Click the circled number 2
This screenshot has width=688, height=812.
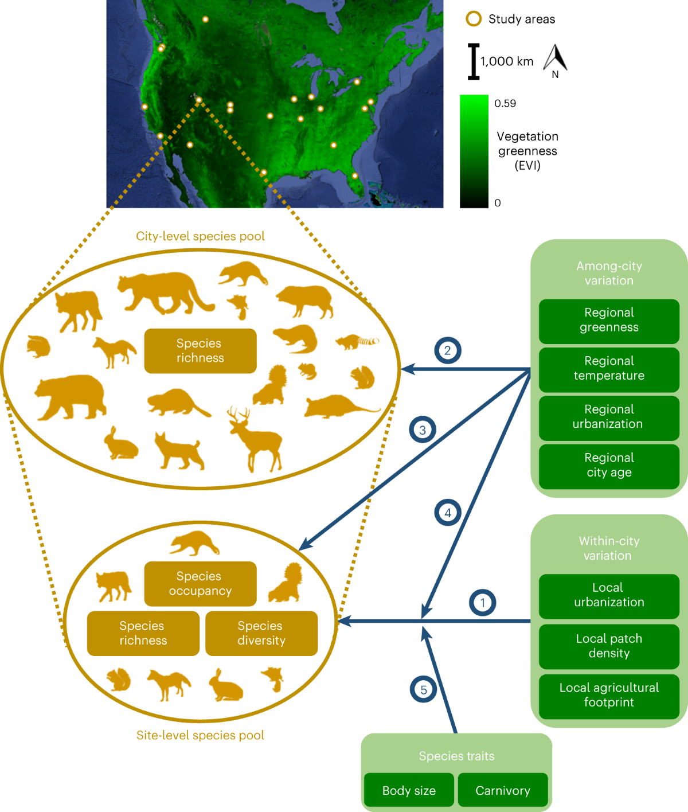click(x=448, y=350)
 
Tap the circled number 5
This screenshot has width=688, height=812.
click(x=424, y=689)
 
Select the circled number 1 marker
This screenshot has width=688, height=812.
click(x=483, y=603)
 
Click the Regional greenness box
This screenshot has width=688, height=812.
click(x=609, y=321)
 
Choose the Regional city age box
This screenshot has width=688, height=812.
click(x=609, y=466)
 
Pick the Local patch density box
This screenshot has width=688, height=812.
click(x=609, y=646)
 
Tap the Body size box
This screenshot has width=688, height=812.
click(x=409, y=791)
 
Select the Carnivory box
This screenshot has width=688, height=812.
click(x=503, y=791)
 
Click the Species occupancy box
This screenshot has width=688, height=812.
click(x=200, y=584)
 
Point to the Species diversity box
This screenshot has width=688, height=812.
click(x=261, y=634)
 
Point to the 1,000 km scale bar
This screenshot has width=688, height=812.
click(x=474, y=61)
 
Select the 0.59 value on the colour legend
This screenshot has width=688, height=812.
click(x=505, y=104)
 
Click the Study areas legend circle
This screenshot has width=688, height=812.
click(x=474, y=19)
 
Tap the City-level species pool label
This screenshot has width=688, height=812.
click(x=200, y=236)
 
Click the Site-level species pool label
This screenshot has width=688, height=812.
click(x=200, y=735)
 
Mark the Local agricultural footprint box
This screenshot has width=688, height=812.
click(x=609, y=696)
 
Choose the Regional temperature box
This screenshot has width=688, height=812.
click(x=609, y=369)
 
